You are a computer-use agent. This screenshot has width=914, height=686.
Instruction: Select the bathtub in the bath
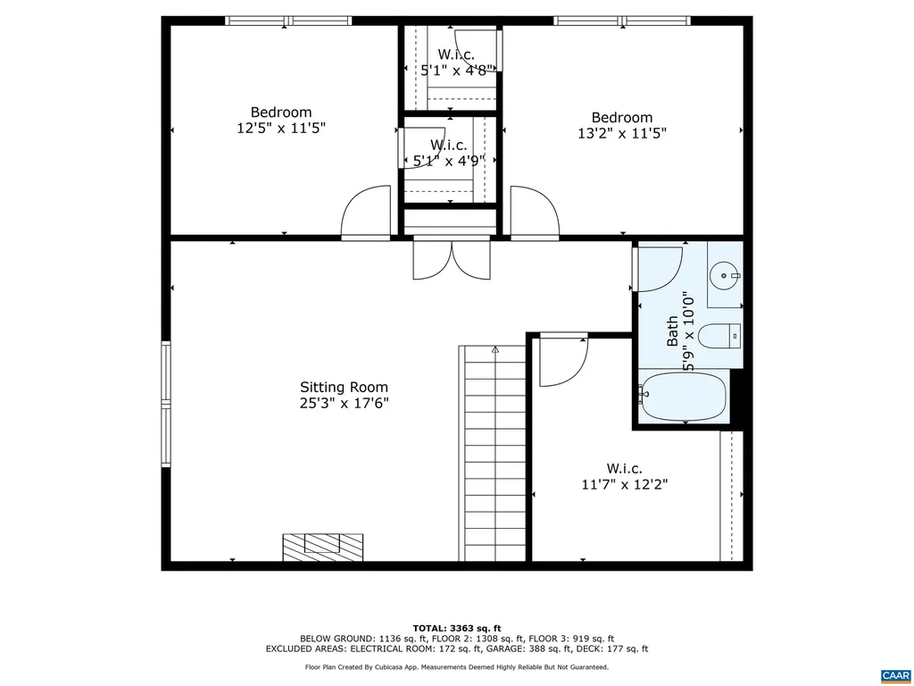(684, 397)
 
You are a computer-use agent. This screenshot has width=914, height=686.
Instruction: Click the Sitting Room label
(344, 387)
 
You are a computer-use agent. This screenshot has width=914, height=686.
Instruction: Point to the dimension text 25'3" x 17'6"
(344, 403)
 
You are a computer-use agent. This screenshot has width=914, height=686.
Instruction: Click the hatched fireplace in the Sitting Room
(323, 547)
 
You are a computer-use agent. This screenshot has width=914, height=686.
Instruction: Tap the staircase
(494, 454)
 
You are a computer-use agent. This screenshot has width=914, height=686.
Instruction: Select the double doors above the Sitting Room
(452, 258)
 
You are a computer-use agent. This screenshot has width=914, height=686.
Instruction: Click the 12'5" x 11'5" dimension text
(281, 128)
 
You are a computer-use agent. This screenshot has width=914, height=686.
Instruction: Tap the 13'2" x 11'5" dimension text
(622, 133)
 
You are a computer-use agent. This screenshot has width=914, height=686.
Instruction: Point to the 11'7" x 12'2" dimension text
(624, 484)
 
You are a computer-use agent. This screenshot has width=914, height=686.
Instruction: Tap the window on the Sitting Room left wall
(165, 404)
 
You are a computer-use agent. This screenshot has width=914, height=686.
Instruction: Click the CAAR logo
(893, 674)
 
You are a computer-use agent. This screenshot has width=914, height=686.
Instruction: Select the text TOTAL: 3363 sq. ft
(456, 627)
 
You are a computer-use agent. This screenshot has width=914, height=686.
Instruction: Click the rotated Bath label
(673, 331)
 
